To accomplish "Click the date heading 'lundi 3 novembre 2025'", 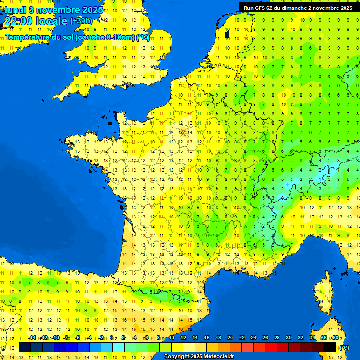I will coord(53,9).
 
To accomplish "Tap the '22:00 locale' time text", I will coord(35,21).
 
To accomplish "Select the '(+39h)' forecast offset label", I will coord(81,21).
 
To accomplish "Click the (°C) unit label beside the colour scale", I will coord(345,348).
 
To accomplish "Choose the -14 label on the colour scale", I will coord(32,337).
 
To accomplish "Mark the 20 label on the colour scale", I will coord(230,337).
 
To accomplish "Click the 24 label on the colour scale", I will coord(254,337).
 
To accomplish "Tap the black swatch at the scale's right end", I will coord(330,347).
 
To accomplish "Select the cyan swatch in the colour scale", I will coord(119,347).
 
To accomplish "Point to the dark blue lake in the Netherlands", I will coord(227,34).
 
